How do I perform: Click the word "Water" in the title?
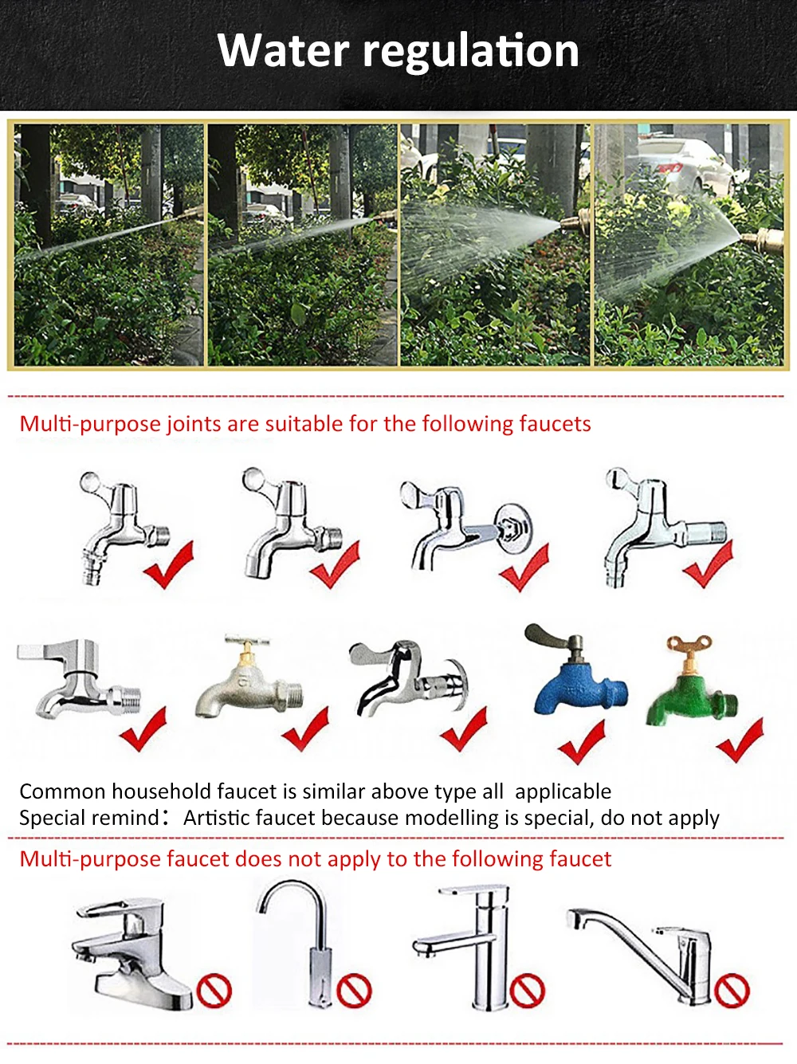(283, 50)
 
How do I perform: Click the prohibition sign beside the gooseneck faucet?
(354, 991)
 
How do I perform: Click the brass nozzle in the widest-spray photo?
(764, 238)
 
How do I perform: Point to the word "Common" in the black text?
(62, 791)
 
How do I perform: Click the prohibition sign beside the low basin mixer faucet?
(214, 991)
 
